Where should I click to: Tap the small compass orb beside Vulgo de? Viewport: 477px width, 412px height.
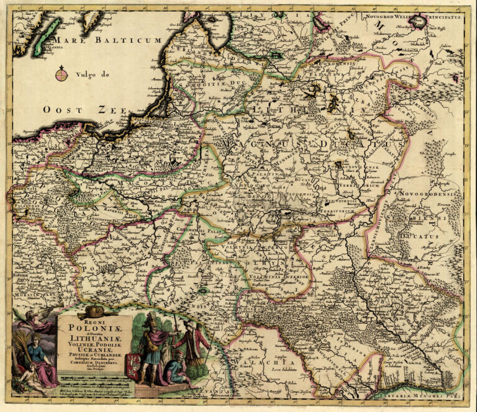click(x=61, y=75)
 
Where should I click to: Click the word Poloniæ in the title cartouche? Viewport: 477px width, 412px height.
click(x=94, y=328)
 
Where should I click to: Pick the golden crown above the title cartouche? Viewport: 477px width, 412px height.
click(x=94, y=310)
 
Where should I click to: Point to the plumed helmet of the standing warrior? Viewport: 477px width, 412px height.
click(x=150, y=321)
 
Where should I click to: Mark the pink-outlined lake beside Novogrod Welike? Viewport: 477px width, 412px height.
click(x=419, y=23)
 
